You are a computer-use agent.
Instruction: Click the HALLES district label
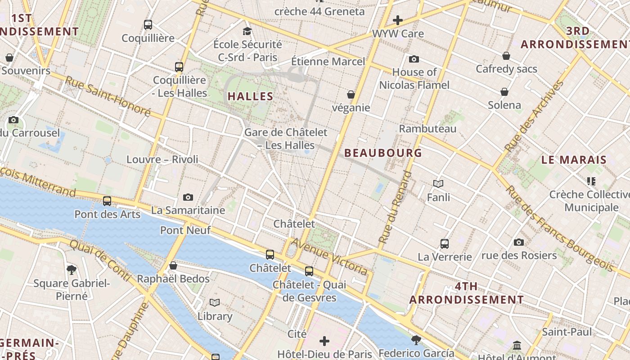click(x=250, y=96)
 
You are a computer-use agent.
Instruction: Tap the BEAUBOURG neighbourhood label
click(x=383, y=153)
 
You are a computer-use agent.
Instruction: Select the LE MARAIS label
click(x=574, y=160)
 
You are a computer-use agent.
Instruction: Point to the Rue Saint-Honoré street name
click(x=108, y=96)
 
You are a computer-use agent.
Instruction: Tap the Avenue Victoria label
click(x=329, y=256)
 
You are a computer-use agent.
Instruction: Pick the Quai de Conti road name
click(x=99, y=260)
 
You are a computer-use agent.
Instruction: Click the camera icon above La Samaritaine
click(x=188, y=197)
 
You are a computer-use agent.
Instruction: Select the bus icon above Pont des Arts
click(x=107, y=201)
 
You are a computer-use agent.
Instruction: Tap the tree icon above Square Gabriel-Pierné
click(x=71, y=270)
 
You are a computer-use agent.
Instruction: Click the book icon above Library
click(x=215, y=303)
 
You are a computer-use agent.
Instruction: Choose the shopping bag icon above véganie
click(x=351, y=94)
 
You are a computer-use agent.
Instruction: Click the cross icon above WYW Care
click(x=397, y=20)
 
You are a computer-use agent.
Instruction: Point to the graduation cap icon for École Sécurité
click(x=247, y=31)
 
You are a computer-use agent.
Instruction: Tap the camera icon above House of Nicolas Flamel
click(x=414, y=59)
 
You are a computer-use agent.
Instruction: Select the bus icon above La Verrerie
click(x=445, y=244)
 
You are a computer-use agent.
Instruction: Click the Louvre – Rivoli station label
click(x=162, y=159)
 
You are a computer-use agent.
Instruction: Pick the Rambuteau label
click(x=427, y=129)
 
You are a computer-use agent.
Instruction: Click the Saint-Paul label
click(x=567, y=332)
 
